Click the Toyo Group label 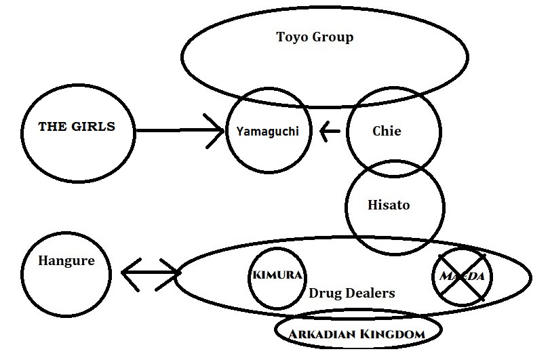point(315,37)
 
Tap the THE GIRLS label point(77,127)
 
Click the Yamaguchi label point(267,131)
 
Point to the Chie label point(387,131)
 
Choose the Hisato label point(389,204)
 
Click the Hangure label point(66,260)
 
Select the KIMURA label point(277,277)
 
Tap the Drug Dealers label point(351,294)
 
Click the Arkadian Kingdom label point(357,334)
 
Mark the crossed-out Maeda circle point(461,276)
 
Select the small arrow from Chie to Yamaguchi point(330,131)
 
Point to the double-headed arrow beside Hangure point(151,273)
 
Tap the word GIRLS point(96,127)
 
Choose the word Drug point(323,294)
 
